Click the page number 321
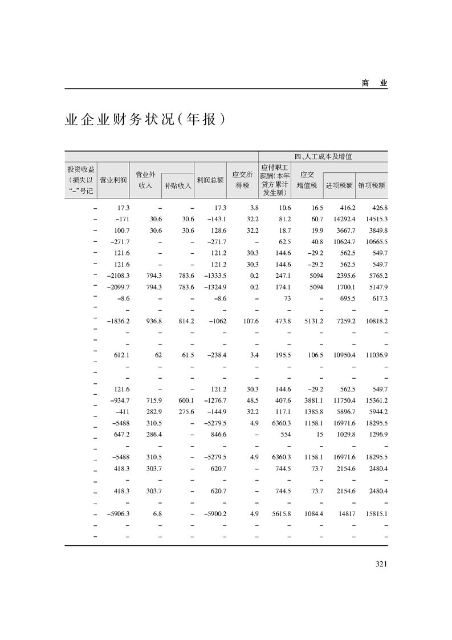pyautogui.click(x=381, y=564)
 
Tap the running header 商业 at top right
pyautogui.click(x=374, y=83)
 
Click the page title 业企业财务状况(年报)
pyautogui.click(x=142, y=120)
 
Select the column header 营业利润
pyautogui.click(x=113, y=179)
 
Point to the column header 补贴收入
pyautogui.click(x=178, y=185)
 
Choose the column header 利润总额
pyautogui.click(x=210, y=179)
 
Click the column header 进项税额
pyautogui.click(x=339, y=185)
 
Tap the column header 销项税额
pyautogui.click(x=372, y=185)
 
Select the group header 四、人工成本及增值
pyautogui.click(x=323, y=156)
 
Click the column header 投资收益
pyautogui.click(x=81, y=169)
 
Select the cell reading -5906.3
pyautogui.click(x=119, y=513)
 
